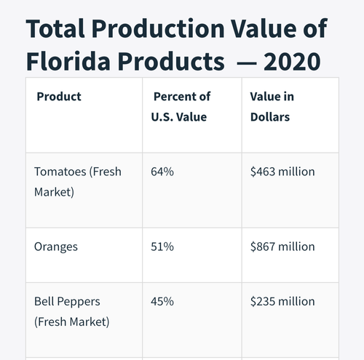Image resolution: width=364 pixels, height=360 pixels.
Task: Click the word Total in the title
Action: (x=55, y=28)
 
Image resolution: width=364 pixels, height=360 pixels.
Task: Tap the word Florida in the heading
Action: (x=68, y=61)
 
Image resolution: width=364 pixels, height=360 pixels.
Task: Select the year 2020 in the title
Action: (x=292, y=62)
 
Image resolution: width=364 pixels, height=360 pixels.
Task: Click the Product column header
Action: (x=59, y=97)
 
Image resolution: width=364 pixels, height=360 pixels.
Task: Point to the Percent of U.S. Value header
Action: (x=181, y=107)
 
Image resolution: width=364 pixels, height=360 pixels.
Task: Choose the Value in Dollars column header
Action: (x=272, y=107)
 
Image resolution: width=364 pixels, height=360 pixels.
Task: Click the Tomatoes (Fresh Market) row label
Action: (x=78, y=182)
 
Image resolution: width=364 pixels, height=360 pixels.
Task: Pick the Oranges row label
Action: (x=56, y=247)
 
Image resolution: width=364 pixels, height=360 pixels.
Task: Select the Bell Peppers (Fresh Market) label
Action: (x=72, y=312)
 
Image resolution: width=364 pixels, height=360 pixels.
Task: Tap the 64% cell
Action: (x=162, y=172)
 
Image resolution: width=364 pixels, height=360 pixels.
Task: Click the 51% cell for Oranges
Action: (x=162, y=247)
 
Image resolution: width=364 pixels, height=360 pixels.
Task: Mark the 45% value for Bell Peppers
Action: (x=162, y=302)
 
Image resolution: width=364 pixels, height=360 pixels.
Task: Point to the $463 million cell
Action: (x=282, y=172)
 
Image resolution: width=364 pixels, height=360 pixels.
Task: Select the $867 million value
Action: (x=282, y=247)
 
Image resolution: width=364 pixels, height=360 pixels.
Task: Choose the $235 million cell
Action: (x=282, y=302)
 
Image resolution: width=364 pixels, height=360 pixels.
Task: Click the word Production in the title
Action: (x=158, y=28)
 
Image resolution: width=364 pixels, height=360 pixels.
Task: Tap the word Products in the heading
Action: (x=171, y=61)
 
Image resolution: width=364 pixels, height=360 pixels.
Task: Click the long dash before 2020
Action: (x=247, y=63)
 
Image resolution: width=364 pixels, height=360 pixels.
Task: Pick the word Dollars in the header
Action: (x=270, y=117)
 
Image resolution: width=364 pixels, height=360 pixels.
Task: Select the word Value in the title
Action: (x=264, y=28)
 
